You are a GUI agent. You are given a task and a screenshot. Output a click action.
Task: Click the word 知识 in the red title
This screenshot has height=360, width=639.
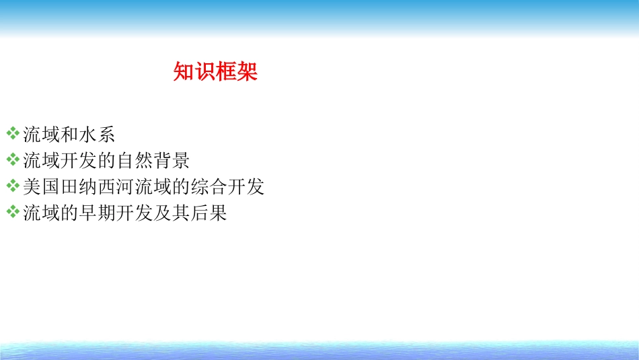pyautogui.click(x=194, y=72)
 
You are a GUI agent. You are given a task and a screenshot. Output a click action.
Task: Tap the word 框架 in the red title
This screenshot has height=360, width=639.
pyautogui.click(x=237, y=72)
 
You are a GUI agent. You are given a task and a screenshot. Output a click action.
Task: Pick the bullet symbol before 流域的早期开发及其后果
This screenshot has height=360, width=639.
pyautogui.click(x=13, y=213)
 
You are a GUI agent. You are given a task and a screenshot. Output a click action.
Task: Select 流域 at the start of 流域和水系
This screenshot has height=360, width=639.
pyautogui.click(x=42, y=134)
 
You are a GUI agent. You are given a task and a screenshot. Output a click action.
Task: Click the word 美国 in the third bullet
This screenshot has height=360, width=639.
pyautogui.click(x=42, y=187)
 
